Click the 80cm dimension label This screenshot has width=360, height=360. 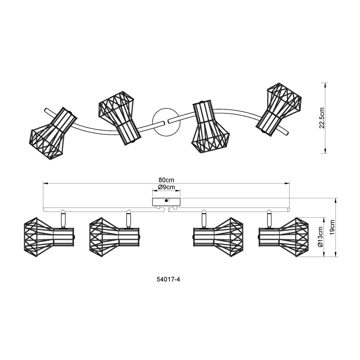coord(166,180)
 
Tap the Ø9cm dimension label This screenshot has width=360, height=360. coord(166,187)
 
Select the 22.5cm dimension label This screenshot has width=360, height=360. coord(322,118)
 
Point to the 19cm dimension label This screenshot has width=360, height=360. coord(332,227)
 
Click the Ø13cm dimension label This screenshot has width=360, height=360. coord(320,237)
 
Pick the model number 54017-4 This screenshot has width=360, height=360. coord(168,279)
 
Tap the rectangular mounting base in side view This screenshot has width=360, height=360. coord(166,202)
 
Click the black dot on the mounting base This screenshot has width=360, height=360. coord(166,201)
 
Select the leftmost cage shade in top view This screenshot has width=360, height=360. coord(53,134)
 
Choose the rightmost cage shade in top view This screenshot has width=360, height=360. coord(279,109)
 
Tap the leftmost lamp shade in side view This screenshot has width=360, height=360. coord(49,237)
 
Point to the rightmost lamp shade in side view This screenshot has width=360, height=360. coord(284,237)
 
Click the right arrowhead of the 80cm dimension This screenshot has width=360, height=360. coord(287,183)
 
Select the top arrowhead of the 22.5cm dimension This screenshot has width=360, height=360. coord(325,85)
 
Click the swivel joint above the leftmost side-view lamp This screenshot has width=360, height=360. coord(63,219)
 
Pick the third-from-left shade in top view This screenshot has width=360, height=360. coord(210,126)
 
